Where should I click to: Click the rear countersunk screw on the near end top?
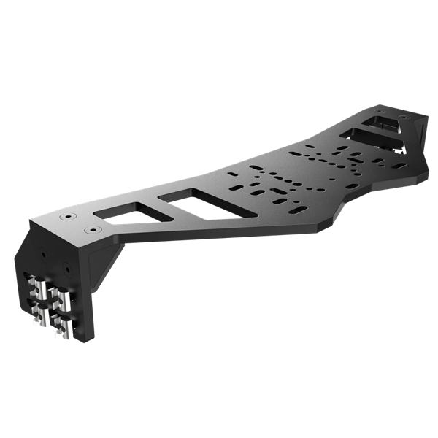click(x=68, y=217)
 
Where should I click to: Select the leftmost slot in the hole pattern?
click(x=232, y=175)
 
